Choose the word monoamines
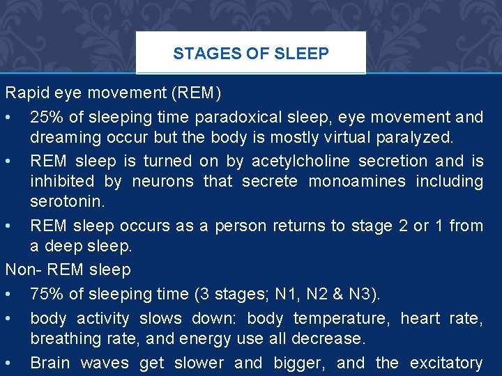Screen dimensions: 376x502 click(357, 182)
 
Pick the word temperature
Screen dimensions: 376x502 click(341, 318)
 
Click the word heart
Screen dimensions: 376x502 click(420, 318)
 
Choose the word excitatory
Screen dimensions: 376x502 click(446, 363)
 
